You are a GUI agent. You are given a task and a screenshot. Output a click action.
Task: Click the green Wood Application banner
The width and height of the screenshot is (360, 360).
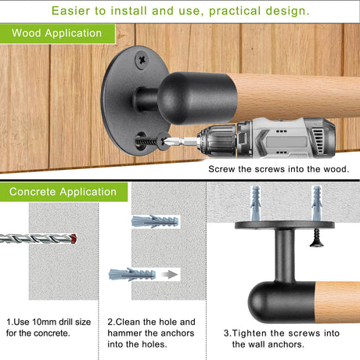tap(57, 34)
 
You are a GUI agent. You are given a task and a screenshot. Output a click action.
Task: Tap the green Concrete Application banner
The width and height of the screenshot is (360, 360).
tap(63, 192)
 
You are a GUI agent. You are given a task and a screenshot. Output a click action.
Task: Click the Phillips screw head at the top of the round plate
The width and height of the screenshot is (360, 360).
tap(142, 60)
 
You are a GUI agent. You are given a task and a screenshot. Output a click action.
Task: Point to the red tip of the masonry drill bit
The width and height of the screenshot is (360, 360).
tap(74, 239)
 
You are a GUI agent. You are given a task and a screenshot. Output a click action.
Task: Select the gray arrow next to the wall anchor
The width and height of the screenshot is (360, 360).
tap(169, 275)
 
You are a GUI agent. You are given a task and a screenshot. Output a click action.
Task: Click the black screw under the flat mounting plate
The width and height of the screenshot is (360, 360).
tap(317, 237)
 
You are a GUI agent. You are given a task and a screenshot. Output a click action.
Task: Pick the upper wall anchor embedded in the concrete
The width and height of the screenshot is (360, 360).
tap(155, 221)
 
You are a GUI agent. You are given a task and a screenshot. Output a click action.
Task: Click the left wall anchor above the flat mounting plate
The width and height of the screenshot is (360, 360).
tap(255, 203)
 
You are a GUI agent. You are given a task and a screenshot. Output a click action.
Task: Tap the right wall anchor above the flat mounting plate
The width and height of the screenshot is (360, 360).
tap(317, 203)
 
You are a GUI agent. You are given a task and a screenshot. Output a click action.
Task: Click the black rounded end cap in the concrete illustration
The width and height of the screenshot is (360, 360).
tap(282, 302)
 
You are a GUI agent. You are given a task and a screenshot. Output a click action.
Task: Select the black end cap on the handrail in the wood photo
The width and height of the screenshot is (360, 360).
tap(197, 99)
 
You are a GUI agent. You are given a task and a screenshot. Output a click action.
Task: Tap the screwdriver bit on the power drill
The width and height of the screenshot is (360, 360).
tap(180, 141)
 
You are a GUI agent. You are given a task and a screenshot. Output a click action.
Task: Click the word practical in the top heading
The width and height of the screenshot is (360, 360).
tap(235, 11)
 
